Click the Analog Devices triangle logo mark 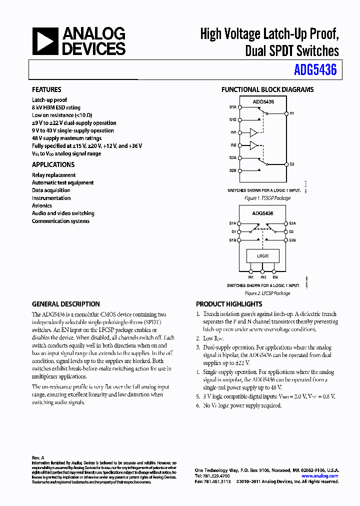click(x=45, y=41)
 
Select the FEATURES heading click(x=46, y=89)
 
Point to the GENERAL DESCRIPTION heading click(x=65, y=304)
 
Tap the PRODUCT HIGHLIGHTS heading click(x=229, y=304)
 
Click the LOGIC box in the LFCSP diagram click(x=263, y=256)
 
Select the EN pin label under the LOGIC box click(x=275, y=277)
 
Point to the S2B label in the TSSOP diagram click(x=232, y=170)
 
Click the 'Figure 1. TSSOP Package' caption click(x=267, y=198)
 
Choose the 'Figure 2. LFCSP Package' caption click(x=267, y=293)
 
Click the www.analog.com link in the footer click(x=320, y=476)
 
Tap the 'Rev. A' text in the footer click(x=38, y=457)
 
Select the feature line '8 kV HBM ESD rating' click(x=56, y=107)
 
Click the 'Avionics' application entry click(x=42, y=205)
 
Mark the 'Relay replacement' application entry click(x=54, y=175)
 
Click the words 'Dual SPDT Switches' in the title click(x=292, y=50)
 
